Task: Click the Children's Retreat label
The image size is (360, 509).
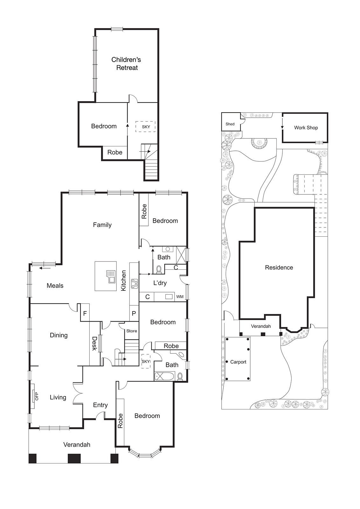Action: tap(126, 64)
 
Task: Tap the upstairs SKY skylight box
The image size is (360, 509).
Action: tap(146, 127)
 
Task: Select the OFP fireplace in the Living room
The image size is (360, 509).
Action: tap(33, 396)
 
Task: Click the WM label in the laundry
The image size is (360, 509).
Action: tap(180, 297)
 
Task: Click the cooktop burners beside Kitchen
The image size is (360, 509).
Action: tap(135, 283)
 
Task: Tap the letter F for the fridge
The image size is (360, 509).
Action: tap(85, 313)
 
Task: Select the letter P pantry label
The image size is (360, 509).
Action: tap(134, 313)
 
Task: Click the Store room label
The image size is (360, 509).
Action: tap(132, 331)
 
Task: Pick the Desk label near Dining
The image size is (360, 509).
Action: tap(94, 344)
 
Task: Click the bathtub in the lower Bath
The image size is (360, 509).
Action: tap(164, 377)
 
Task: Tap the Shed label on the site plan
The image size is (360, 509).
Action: tap(230, 124)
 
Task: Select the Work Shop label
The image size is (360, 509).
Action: tap(306, 128)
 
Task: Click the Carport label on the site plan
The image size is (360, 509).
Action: tap(238, 362)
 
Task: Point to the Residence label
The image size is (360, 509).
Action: tap(279, 268)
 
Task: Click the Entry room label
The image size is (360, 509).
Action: tap(100, 405)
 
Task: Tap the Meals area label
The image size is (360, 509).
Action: tap(55, 286)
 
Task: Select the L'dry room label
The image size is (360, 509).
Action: tap(160, 283)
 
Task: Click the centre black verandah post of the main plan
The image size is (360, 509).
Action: tap(74, 458)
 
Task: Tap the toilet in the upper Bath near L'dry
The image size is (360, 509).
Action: tap(159, 270)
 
